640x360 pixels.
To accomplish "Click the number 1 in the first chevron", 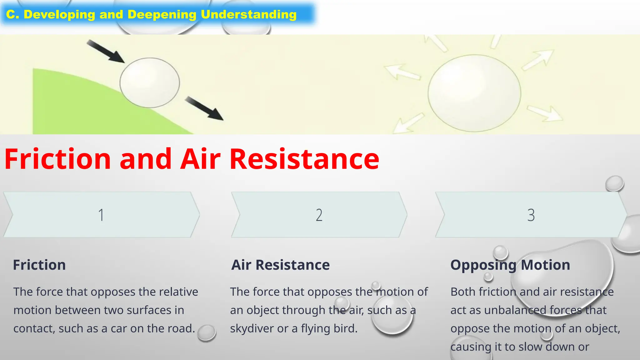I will coord(101,215).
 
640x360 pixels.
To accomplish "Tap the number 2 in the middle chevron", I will coord(319,215).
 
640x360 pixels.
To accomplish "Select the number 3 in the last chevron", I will coord(531,215).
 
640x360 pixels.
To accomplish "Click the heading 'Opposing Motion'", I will coord(510,265).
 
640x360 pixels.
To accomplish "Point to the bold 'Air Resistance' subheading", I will coord(280,265).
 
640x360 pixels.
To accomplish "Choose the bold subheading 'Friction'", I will coord(39,265).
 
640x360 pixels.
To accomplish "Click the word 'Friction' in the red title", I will coord(57,159).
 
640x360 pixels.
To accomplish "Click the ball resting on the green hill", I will coord(150,83).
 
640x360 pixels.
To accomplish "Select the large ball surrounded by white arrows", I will coord(474,93).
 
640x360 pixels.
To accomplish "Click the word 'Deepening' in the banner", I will coord(162,14).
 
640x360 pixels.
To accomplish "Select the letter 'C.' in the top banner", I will coord(13,14).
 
